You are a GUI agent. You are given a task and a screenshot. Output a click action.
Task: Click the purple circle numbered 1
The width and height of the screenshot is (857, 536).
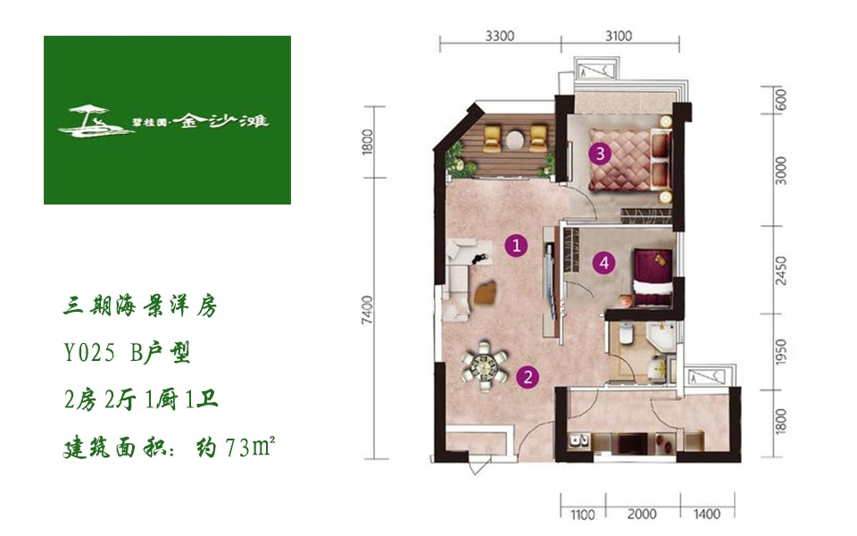(x=517, y=246)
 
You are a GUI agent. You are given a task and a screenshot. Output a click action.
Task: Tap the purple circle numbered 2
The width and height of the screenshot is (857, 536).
(x=528, y=377)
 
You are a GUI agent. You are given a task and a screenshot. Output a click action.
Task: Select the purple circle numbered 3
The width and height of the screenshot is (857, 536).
(x=600, y=153)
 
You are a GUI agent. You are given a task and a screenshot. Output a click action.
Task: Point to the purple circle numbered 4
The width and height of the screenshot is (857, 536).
(x=604, y=263)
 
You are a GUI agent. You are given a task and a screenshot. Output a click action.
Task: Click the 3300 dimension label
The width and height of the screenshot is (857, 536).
(x=500, y=36)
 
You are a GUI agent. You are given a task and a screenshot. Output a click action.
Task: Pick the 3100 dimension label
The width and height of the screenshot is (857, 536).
(x=619, y=36)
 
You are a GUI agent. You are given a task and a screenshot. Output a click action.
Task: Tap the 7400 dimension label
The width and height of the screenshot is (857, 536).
(x=367, y=310)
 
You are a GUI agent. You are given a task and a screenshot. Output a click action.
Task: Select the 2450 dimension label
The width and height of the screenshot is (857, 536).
(x=781, y=270)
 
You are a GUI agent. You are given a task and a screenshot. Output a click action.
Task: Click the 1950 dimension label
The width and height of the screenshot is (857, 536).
(x=781, y=352)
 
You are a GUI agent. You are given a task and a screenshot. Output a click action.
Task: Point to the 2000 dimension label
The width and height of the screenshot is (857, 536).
(x=642, y=515)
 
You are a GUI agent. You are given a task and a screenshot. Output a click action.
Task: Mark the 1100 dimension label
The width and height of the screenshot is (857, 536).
(x=583, y=515)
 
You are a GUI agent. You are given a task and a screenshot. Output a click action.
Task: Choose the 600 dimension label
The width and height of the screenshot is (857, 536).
(x=781, y=99)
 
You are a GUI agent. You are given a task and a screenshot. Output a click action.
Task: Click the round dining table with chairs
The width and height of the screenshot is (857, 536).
(x=485, y=366)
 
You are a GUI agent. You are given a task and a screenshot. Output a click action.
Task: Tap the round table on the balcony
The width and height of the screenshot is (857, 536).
(x=515, y=140)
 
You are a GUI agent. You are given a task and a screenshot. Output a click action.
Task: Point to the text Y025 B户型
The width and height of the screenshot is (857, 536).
(x=127, y=354)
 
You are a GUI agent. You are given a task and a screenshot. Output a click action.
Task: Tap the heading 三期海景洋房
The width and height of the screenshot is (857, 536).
(x=140, y=306)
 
